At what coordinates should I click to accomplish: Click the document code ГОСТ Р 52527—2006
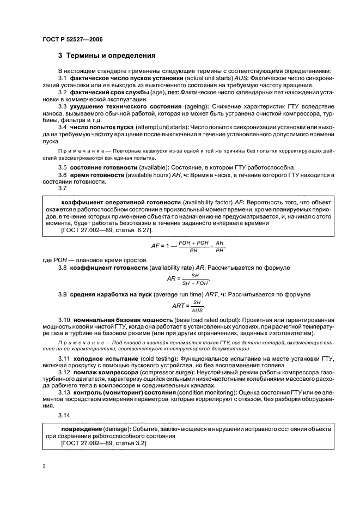pos(72,39)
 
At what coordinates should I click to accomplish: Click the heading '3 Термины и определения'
pos(107,56)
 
